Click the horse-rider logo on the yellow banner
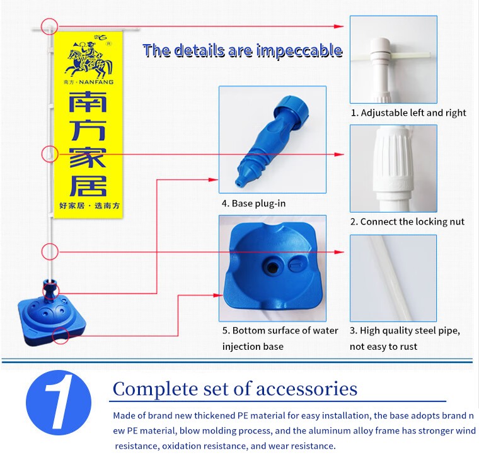coord(88,59)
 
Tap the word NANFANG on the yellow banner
coord(96,82)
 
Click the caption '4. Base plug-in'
coord(253,203)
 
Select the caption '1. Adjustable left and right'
coord(408,113)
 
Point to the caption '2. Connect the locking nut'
coord(407,221)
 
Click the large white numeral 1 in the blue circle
coord(59,402)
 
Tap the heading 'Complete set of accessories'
coord(235,389)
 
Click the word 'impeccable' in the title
coord(299,50)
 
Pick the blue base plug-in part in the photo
coord(273,140)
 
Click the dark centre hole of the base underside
coord(272,267)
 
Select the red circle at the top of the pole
coord(50,26)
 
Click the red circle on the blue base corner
coord(61,336)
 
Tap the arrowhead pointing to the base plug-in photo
coord(213,180)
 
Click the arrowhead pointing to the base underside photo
coord(218,295)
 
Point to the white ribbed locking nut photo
coord(393,169)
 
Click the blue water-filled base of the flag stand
coord(51,320)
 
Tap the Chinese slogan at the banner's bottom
coord(89,206)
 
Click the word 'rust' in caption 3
coord(408,347)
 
